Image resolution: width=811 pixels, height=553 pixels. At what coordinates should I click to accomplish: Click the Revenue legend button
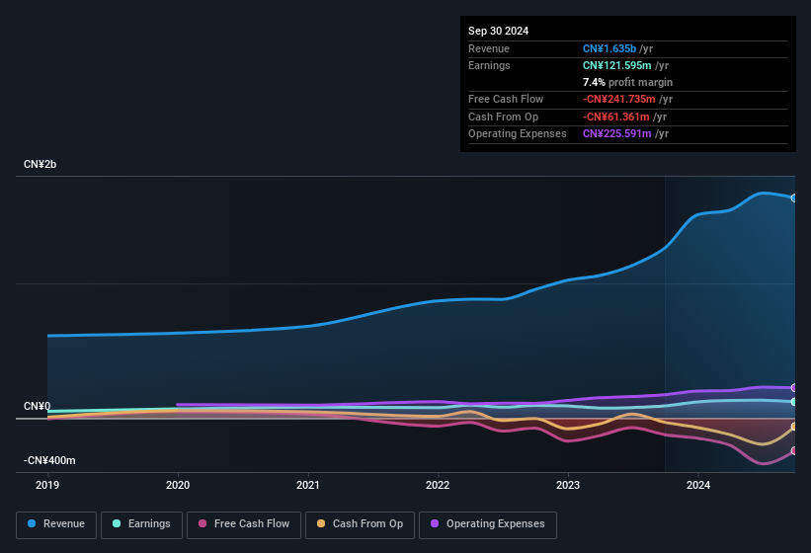coord(55,523)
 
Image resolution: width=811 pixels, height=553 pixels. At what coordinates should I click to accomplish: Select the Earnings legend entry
coord(141,523)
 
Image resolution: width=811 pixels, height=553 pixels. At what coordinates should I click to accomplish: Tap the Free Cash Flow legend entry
coord(244,523)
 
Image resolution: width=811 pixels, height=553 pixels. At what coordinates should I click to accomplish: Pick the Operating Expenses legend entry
coord(487,523)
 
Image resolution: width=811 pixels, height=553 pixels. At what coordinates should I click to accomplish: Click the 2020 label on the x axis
coord(178,485)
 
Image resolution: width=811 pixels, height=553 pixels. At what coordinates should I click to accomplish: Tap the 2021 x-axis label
coord(308,485)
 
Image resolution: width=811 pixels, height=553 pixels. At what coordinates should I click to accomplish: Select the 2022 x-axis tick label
coord(438,485)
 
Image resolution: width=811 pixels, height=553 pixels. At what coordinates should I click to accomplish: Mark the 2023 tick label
coord(568,485)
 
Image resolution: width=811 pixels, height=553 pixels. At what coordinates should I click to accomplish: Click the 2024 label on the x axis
coord(698,485)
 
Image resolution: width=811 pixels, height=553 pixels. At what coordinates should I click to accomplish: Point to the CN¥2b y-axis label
coord(41,164)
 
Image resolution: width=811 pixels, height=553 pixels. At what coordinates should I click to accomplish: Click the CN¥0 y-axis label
coord(37,407)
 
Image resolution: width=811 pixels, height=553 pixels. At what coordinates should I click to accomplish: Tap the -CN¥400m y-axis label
coord(49,461)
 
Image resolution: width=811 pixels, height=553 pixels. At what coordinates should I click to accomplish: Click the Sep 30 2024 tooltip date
coord(499,31)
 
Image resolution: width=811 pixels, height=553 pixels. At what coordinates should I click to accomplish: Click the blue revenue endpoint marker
coord(794,197)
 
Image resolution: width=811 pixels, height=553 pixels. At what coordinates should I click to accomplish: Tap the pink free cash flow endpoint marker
coord(794,450)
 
